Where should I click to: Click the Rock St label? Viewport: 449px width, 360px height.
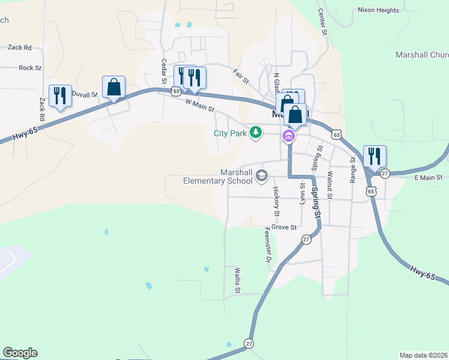pyautogui.click(x=30, y=68)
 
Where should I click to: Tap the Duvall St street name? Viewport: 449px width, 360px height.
pyautogui.click(x=85, y=94)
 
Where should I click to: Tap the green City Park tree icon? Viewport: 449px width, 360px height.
pyautogui.click(x=256, y=132)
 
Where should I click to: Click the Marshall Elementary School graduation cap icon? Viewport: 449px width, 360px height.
pyautogui.click(x=261, y=176)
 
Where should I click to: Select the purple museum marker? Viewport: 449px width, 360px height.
pyautogui.click(x=289, y=136)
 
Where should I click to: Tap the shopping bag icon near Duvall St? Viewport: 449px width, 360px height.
pyautogui.click(x=113, y=88)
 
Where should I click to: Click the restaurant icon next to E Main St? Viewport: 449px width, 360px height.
pyautogui.click(x=375, y=157)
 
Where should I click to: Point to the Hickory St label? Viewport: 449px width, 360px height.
pyautogui.click(x=276, y=202)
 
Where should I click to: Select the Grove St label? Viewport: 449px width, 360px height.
pyautogui.click(x=284, y=227)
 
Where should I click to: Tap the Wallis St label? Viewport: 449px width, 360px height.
pyautogui.click(x=238, y=281)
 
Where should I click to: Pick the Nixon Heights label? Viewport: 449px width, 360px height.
pyautogui.click(x=378, y=10)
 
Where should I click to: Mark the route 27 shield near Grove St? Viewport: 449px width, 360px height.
pyautogui.click(x=306, y=239)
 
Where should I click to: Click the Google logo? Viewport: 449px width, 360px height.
pyautogui.click(x=20, y=353)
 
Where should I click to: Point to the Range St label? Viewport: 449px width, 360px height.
pyautogui.click(x=353, y=170)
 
